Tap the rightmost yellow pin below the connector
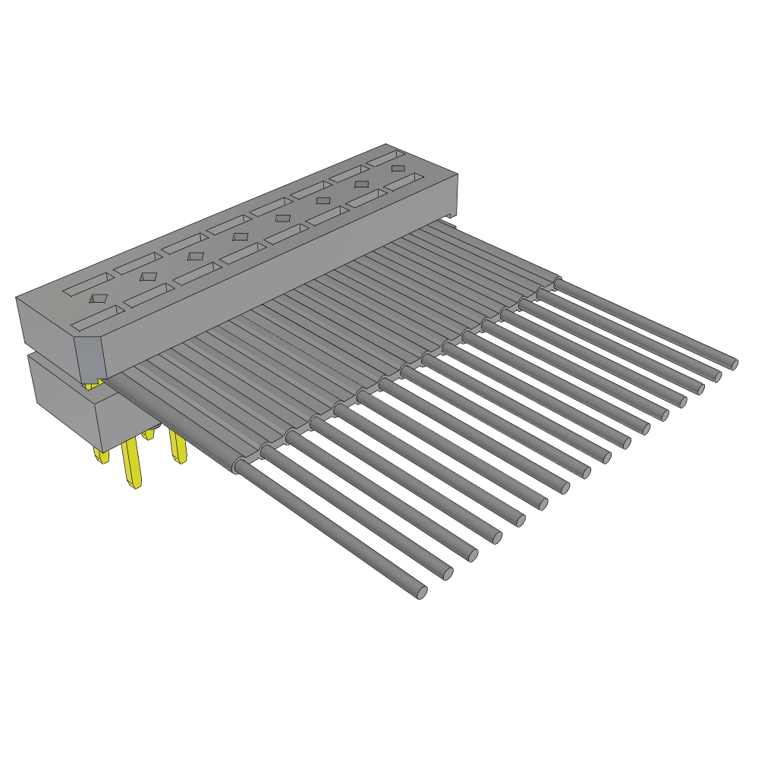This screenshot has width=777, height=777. [x=178, y=447]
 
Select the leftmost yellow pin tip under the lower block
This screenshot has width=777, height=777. [x=100, y=455]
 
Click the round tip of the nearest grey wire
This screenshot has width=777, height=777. [x=422, y=592]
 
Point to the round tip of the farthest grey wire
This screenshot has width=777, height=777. [x=734, y=364]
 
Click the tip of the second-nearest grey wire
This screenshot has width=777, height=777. [x=448, y=574]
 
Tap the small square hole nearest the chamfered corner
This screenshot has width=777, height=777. [x=99, y=298]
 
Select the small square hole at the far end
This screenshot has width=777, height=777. [x=398, y=168]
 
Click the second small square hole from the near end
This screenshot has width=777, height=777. [x=149, y=277]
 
